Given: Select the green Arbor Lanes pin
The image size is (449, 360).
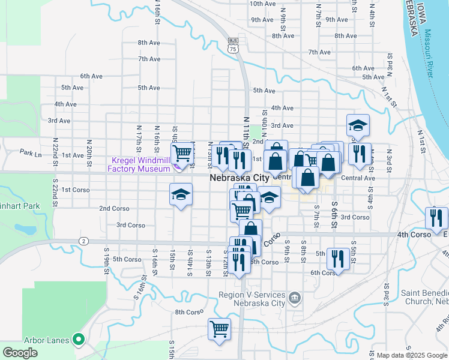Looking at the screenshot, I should (78, 340).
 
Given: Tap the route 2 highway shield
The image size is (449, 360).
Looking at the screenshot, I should (83, 241).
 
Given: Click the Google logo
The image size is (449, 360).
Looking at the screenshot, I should (20, 353).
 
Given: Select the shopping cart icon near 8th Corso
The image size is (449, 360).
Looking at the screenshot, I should (219, 328).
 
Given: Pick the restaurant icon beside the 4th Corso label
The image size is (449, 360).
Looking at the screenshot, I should (436, 217).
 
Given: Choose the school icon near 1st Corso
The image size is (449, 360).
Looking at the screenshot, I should (180, 196).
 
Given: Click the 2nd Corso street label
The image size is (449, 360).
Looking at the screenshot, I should (113, 208).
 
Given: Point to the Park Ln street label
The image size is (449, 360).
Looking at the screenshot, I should (30, 153).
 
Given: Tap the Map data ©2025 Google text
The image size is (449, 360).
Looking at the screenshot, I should (408, 355).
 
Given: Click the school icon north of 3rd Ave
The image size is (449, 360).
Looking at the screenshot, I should (358, 125).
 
